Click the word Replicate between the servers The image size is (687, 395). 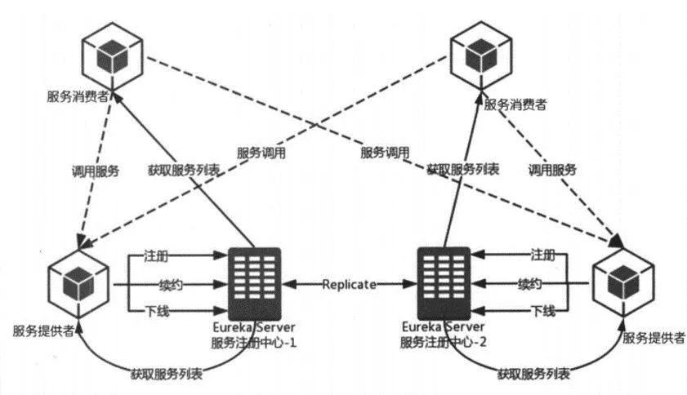tap(350, 285)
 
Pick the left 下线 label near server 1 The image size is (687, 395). tap(156, 311)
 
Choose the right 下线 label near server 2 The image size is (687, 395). tap(543, 311)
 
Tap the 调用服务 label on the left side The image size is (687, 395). tap(95, 171)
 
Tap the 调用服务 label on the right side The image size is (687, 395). tap(551, 171)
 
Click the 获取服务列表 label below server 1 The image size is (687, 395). tap(167, 374)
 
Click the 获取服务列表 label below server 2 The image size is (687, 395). tap(534, 374)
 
